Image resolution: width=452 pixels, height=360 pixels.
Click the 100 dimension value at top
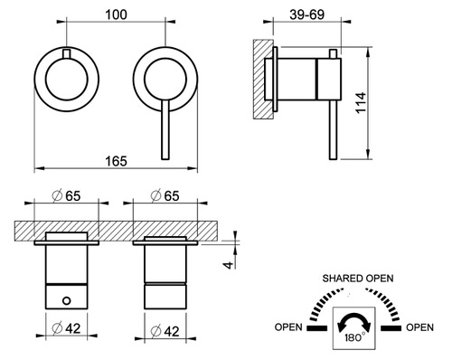point(116,14)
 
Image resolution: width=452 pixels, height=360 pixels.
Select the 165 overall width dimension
point(116,161)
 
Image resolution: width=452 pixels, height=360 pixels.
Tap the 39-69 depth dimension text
point(307,14)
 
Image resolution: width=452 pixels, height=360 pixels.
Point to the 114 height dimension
point(361,103)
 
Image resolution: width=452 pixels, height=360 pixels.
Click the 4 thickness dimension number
point(229,265)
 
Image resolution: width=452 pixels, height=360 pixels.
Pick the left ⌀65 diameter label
point(66,196)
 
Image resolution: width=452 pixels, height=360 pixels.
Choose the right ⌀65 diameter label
point(165,196)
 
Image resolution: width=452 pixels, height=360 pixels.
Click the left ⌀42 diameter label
point(66,328)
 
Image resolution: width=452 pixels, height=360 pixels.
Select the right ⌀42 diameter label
point(165,331)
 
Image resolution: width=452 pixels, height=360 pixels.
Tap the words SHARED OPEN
point(358,278)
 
